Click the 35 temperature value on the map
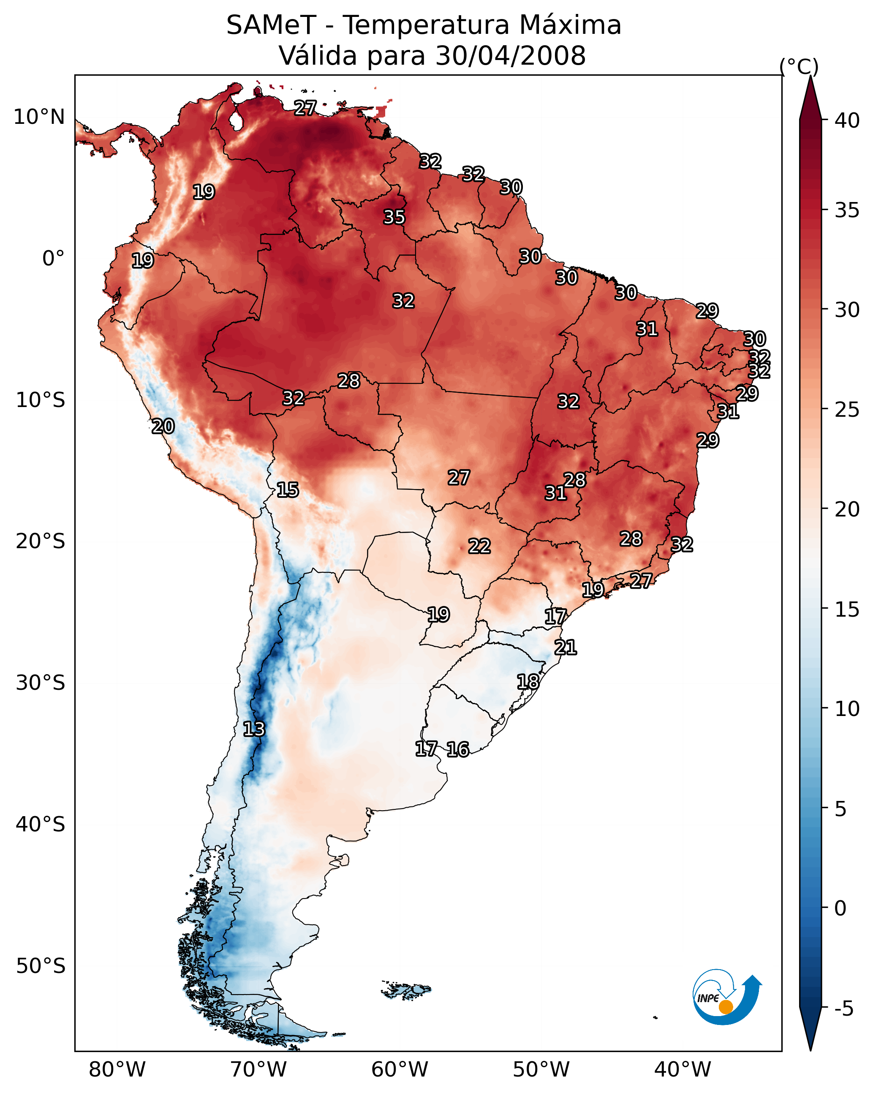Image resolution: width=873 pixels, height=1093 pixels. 394,217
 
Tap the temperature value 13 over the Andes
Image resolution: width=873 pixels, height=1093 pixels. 253,729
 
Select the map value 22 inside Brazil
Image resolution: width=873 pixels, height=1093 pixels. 479,546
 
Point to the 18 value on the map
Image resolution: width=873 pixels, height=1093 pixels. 528,681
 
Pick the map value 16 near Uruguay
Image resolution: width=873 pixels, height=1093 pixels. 457,749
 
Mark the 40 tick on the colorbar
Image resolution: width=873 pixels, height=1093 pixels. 847,120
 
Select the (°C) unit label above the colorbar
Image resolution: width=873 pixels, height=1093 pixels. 799,66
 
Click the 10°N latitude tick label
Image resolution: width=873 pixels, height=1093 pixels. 39,117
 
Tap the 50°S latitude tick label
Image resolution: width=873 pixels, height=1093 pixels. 41,966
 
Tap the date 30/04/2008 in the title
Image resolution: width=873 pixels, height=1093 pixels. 510,55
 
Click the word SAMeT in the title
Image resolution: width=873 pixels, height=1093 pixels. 271,25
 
